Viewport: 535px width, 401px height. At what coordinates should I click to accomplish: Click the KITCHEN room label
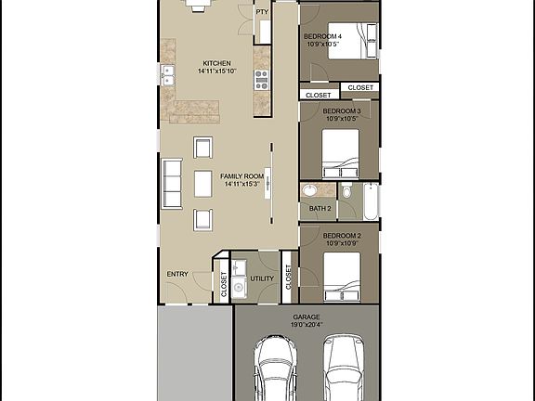point(217,63)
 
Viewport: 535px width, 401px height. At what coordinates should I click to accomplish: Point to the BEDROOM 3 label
point(341,110)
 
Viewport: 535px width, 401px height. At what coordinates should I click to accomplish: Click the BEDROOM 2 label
point(341,236)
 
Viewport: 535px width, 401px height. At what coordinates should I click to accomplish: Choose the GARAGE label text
point(307,317)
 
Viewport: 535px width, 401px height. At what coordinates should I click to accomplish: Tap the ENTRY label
point(177,275)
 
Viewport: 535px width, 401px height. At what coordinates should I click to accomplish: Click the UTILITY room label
point(263,278)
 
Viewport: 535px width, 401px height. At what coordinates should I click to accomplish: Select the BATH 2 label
point(320,209)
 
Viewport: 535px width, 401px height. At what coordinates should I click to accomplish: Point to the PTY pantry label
point(262,12)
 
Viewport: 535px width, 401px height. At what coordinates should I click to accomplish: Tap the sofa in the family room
point(172,184)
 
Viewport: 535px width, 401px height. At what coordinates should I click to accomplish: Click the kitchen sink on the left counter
point(168,75)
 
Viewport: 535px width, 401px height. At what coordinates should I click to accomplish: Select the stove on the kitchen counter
point(261,78)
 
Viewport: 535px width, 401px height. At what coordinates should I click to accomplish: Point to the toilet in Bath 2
point(345,193)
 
